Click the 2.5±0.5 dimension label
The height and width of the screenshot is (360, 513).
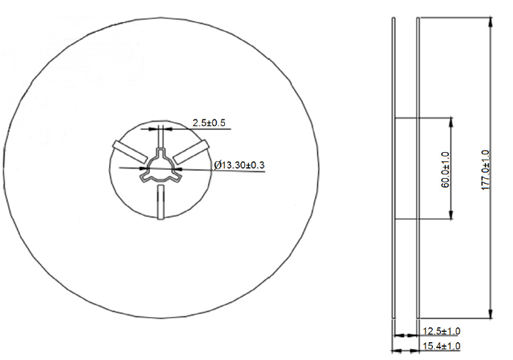(x=209, y=122)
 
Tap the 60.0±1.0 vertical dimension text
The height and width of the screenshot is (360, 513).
(x=445, y=169)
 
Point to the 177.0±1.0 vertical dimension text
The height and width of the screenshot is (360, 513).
(x=486, y=170)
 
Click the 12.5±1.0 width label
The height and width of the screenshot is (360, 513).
(x=441, y=330)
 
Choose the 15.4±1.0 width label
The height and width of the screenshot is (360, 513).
(x=441, y=346)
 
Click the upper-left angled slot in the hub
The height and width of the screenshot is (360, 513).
(x=128, y=150)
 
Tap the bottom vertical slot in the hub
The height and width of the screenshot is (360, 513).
(x=160, y=203)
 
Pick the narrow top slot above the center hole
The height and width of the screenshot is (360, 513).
(x=160, y=138)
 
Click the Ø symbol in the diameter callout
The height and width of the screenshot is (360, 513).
(x=217, y=164)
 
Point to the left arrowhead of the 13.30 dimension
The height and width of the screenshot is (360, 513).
(x=144, y=168)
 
